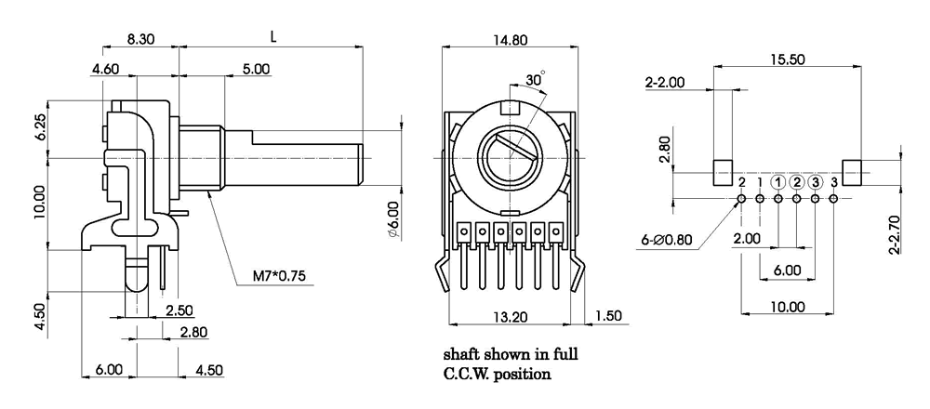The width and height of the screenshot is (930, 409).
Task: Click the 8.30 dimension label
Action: (141, 42)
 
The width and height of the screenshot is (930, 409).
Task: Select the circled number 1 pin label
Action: (778, 182)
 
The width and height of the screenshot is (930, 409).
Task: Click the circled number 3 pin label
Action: (816, 182)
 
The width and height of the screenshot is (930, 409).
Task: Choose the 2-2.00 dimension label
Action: (665, 82)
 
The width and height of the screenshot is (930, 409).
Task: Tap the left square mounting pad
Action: (724, 172)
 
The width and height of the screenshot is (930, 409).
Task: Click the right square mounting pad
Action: (852, 172)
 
